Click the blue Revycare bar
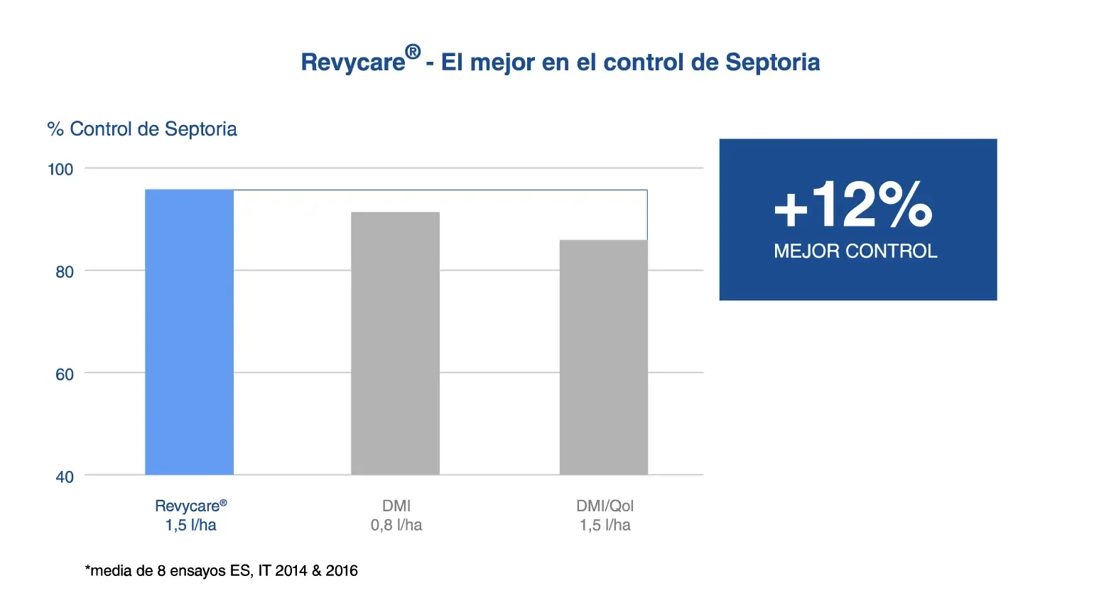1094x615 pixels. click(189, 332)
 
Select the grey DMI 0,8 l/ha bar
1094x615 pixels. click(395, 343)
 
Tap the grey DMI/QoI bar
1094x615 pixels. click(604, 357)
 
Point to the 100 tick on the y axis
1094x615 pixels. click(60, 169)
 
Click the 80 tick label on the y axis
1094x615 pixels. click(65, 272)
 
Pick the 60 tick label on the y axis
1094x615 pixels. click(65, 374)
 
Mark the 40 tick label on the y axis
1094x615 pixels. click(65, 477)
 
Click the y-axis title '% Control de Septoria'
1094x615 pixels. click(142, 129)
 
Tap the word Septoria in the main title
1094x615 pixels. click(772, 62)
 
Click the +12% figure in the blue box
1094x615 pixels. click(853, 204)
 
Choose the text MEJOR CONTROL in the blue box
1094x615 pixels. click(855, 251)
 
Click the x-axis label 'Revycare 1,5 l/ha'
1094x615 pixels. click(190, 515)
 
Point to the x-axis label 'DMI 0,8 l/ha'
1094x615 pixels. click(396, 515)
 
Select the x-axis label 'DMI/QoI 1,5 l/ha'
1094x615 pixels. click(605, 515)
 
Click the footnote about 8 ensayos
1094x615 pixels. click(221, 570)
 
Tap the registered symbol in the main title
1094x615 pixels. click(413, 52)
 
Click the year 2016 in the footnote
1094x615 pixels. click(342, 570)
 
